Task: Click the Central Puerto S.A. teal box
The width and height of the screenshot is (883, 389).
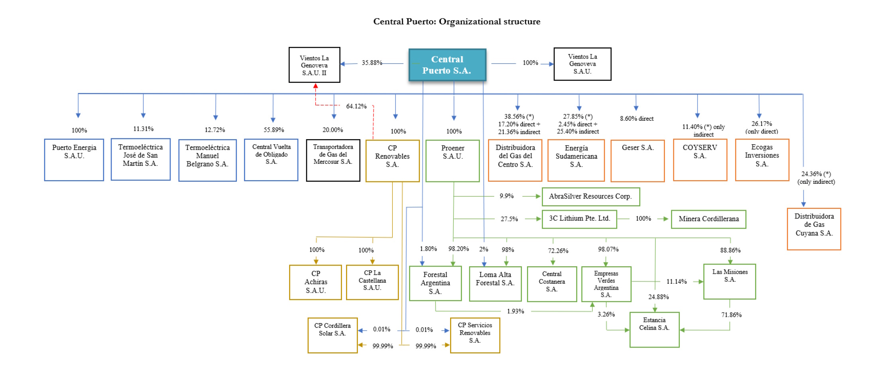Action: pyautogui.click(x=447, y=65)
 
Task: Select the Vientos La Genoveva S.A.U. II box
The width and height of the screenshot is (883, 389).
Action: pyautogui.click(x=314, y=65)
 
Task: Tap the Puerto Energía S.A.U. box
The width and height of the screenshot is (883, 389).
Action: pyautogui.click(x=74, y=160)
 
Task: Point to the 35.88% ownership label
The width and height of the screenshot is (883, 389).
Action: pyautogui.click(x=372, y=63)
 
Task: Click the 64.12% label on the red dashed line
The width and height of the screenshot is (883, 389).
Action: pyautogui.click(x=356, y=106)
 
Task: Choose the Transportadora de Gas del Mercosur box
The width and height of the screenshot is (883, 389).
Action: pyautogui.click(x=333, y=160)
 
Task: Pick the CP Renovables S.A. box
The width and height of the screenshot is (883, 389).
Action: pyautogui.click(x=392, y=161)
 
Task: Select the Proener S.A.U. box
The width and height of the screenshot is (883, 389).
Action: pyautogui.click(x=452, y=161)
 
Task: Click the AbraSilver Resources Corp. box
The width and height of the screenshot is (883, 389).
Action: pyautogui.click(x=590, y=196)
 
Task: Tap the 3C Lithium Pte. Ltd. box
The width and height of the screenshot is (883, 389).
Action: pyautogui.click(x=579, y=219)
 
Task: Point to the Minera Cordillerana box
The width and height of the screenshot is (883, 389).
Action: pyautogui.click(x=708, y=219)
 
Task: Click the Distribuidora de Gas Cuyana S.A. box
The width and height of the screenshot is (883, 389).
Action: pyautogui.click(x=814, y=229)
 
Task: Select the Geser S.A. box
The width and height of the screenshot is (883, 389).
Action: pyautogui.click(x=637, y=161)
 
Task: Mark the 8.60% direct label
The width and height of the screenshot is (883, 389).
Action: pyautogui.click(x=637, y=119)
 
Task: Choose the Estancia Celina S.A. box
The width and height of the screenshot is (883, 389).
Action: pyautogui.click(x=654, y=330)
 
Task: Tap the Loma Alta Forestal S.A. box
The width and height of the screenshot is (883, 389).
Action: pyautogui.click(x=495, y=284)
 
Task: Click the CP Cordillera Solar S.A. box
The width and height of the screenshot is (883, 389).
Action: pyautogui.click(x=332, y=335)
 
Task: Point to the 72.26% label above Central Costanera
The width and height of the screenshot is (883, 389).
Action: pyautogui.click(x=558, y=251)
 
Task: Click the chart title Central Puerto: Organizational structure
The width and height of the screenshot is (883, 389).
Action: pyautogui.click(x=456, y=22)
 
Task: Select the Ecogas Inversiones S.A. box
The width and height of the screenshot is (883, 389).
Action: pyautogui.click(x=762, y=160)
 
